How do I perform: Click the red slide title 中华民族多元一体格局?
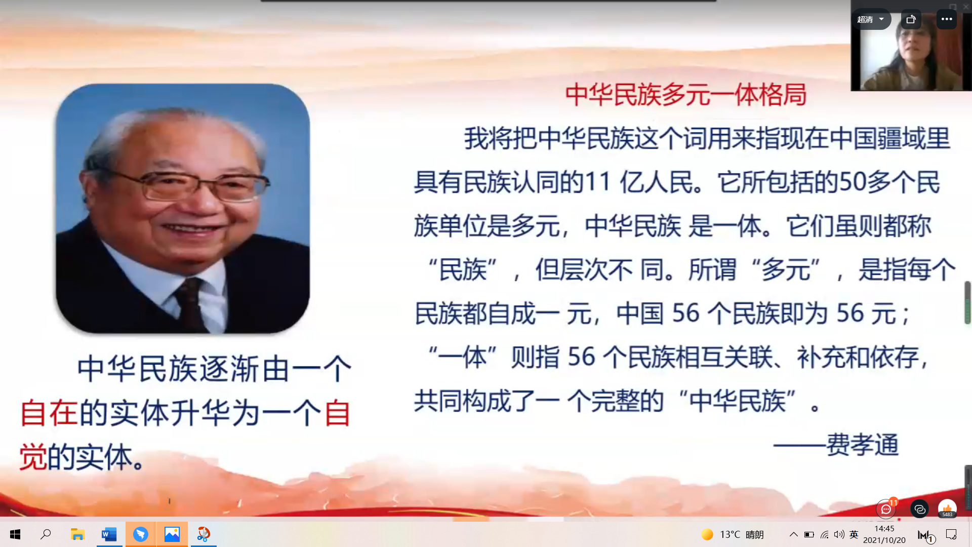[x=685, y=95]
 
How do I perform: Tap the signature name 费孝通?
[x=863, y=445]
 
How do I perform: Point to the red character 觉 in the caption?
[x=33, y=457]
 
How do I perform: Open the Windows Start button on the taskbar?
[x=15, y=534]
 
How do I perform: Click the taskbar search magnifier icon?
[x=46, y=534]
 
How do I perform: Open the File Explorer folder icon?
[x=77, y=534]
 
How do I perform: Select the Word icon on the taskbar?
[x=109, y=534]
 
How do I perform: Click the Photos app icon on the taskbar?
[x=172, y=534]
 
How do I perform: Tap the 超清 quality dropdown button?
[x=871, y=19]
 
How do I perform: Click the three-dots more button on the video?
[x=947, y=19]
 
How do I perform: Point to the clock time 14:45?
[x=884, y=529]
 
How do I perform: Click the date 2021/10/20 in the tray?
[x=884, y=540]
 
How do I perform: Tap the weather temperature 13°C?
[x=730, y=534]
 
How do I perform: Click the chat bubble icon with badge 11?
[x=886, y=509]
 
